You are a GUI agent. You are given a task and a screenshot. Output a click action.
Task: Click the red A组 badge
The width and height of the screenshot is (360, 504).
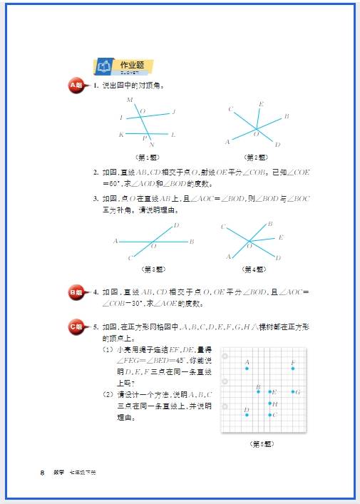pyautogui.click(x=76, y=86)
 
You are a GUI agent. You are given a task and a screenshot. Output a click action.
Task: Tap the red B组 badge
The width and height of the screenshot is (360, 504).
pyautogui.click(x=76, y=292)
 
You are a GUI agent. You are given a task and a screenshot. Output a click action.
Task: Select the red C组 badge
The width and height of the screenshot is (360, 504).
pyautogui.click(x=76, y=326)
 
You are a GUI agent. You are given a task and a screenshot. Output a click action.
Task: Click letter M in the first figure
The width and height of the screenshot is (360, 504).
pyautogui.click(x=129, y=99)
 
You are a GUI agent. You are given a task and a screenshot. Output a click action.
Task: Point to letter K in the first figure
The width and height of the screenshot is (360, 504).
pyautogui.click(x=121, y=135)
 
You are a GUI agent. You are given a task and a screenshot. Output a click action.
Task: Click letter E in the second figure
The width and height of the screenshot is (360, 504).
pyautogui.click(x=260, y=104)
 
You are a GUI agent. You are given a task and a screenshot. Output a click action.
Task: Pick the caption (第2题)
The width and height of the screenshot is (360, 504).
pyautogui.click(x=255, y=157)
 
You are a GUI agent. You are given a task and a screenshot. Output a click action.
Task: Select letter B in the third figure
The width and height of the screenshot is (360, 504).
pyautogui.click(x=192, y=242)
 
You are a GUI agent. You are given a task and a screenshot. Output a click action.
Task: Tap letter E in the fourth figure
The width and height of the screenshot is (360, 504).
pyautogui.click(x=281, y=237)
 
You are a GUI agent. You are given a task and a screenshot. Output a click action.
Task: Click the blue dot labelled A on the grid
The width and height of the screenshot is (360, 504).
pyautogui.click(x=247, y=369)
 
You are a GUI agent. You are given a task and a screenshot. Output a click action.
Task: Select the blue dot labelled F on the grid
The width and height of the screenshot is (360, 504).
pyautogui.click(x=293, y=369)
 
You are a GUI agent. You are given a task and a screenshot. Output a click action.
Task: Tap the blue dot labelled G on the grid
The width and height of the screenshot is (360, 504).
pyautogui.click(x=293, y=391)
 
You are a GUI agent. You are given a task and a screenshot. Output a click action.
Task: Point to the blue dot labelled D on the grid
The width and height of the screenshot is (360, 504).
pyautogui.click(x=247, y=414)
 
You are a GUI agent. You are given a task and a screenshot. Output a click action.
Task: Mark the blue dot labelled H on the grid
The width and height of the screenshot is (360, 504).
pyautogui.click(x=270, y=403)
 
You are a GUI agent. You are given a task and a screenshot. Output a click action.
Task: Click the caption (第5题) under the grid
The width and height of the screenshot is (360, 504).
pyautogui.click(x=262, y=443)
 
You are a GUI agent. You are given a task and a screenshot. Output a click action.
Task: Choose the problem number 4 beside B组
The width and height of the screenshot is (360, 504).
pyautogui.click(x=96, y=292)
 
